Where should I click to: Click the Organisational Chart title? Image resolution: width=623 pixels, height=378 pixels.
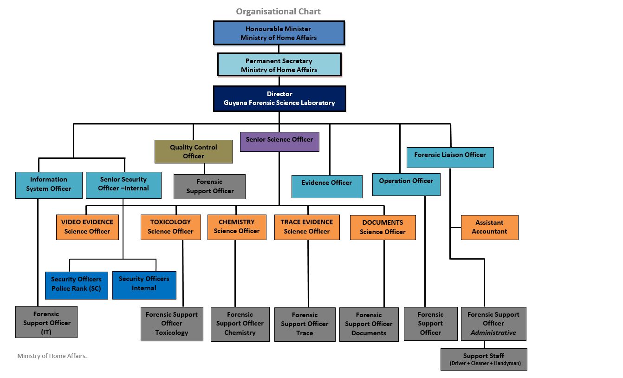278,12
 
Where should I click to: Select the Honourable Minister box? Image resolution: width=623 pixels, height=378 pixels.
279,33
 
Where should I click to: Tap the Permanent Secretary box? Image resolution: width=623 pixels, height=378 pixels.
279,65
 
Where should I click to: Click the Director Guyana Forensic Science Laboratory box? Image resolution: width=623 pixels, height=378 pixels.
279,98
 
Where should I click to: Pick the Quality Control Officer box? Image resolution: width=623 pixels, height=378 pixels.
194,151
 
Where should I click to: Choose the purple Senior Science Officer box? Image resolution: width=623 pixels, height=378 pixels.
279,142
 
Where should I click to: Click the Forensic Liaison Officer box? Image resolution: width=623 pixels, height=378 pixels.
450,157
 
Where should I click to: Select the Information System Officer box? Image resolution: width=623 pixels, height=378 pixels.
49,185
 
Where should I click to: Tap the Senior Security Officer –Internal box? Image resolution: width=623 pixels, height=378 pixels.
123,185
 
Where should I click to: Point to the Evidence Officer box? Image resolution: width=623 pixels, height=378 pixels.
327,186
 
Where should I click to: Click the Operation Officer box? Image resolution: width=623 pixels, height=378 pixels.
406,184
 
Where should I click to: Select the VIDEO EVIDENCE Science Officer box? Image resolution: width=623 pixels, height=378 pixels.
87,227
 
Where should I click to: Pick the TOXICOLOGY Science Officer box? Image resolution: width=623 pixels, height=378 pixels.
170,227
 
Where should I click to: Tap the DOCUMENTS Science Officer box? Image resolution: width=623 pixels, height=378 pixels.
383,227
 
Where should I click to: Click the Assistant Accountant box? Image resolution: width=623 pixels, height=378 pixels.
489,227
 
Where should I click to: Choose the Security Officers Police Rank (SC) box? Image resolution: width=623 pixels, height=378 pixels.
77,285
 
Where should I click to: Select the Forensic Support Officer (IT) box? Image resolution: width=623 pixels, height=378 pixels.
46,322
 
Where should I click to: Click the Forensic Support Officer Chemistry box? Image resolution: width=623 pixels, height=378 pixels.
240,324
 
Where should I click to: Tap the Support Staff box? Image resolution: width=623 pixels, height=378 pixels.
484,359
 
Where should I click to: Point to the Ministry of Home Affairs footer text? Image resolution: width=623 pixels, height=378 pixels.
52,356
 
